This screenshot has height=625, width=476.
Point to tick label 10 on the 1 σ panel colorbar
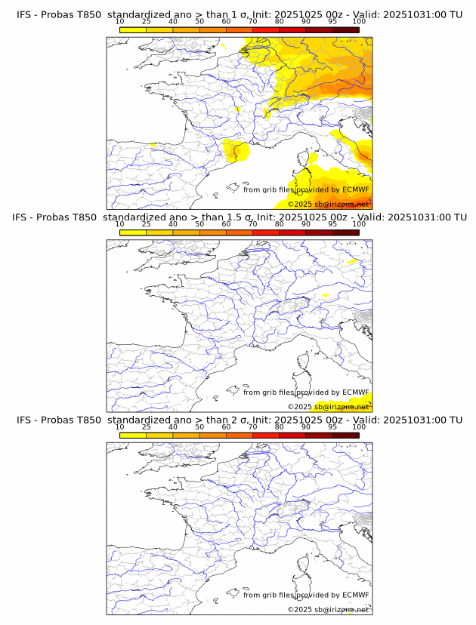pos(119,21)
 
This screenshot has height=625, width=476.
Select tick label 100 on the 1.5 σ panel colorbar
pos(359,224)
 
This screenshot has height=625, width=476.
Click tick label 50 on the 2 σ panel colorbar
pos(199,426)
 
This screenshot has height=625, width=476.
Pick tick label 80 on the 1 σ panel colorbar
pos(280,21)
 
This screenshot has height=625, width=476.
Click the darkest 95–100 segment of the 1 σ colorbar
pos(345,29)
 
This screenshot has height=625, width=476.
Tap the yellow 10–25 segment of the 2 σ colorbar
pos(133,435)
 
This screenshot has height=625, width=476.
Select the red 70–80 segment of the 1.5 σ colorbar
pos(266,232)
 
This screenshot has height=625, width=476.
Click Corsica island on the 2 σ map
pos(308,566)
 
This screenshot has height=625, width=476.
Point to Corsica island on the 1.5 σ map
pos(308,363)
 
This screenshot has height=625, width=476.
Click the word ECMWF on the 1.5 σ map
pos(355,393)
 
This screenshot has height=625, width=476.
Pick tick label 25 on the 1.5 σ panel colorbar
pos(147,224)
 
